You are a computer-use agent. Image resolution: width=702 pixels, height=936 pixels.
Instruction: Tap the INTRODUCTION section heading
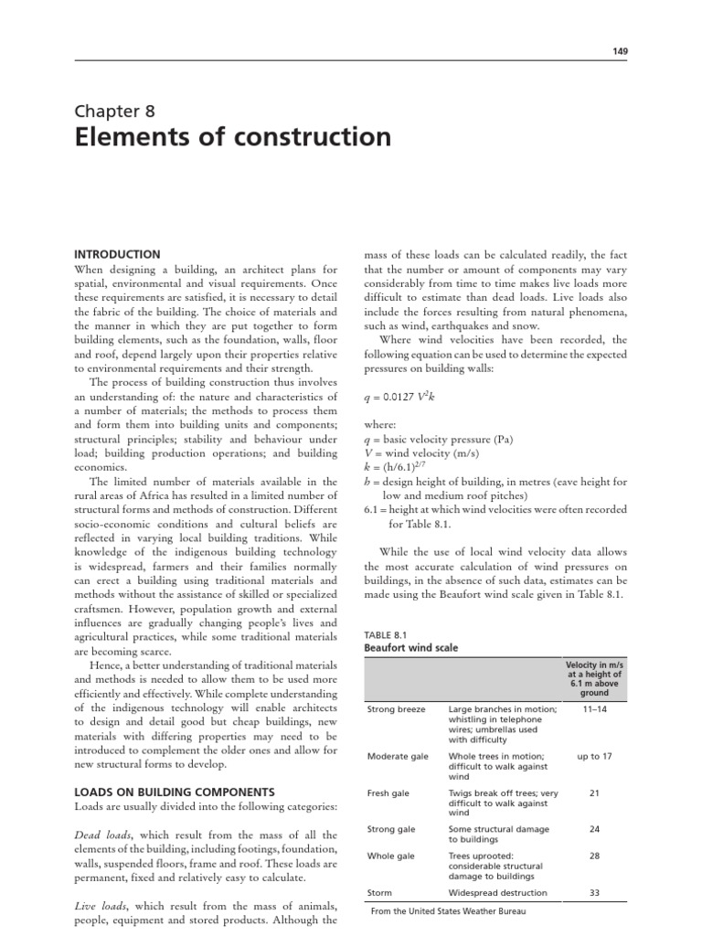117,254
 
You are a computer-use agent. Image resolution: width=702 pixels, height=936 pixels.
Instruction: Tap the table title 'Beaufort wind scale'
411,647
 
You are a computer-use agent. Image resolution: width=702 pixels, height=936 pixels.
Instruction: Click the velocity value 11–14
594,708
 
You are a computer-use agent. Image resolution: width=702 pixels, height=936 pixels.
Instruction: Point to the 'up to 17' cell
594,756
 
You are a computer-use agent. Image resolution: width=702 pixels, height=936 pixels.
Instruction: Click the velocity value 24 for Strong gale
594,829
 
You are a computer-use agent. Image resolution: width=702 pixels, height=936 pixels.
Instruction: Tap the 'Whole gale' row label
390,856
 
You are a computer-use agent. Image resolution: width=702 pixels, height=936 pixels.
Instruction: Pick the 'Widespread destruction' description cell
498,892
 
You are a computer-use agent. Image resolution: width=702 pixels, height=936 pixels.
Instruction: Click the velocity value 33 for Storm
594,892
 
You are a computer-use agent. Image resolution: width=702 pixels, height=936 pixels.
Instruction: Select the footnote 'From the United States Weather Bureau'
449,910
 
